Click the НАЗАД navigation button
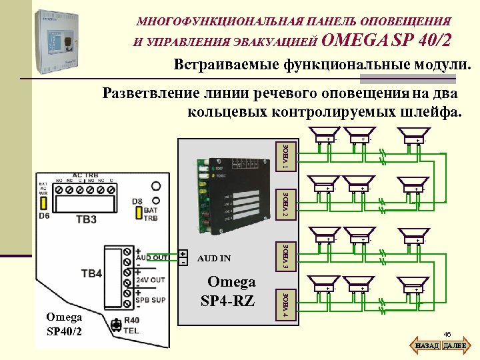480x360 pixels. tap(426, 346)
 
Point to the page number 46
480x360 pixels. tap(447, 334)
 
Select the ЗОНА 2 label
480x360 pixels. tap(285, 204)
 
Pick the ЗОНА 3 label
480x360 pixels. tap(285, 257)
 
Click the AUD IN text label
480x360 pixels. tap(214, 258)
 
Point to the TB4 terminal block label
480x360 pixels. tap(91, 273)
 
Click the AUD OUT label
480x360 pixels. tap(151, 257)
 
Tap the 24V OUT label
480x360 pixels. tap(151, 279)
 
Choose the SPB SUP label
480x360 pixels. tap(151, 300)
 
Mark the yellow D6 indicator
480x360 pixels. tap(43, 203)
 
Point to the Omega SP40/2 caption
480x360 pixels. tap(65, 325)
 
